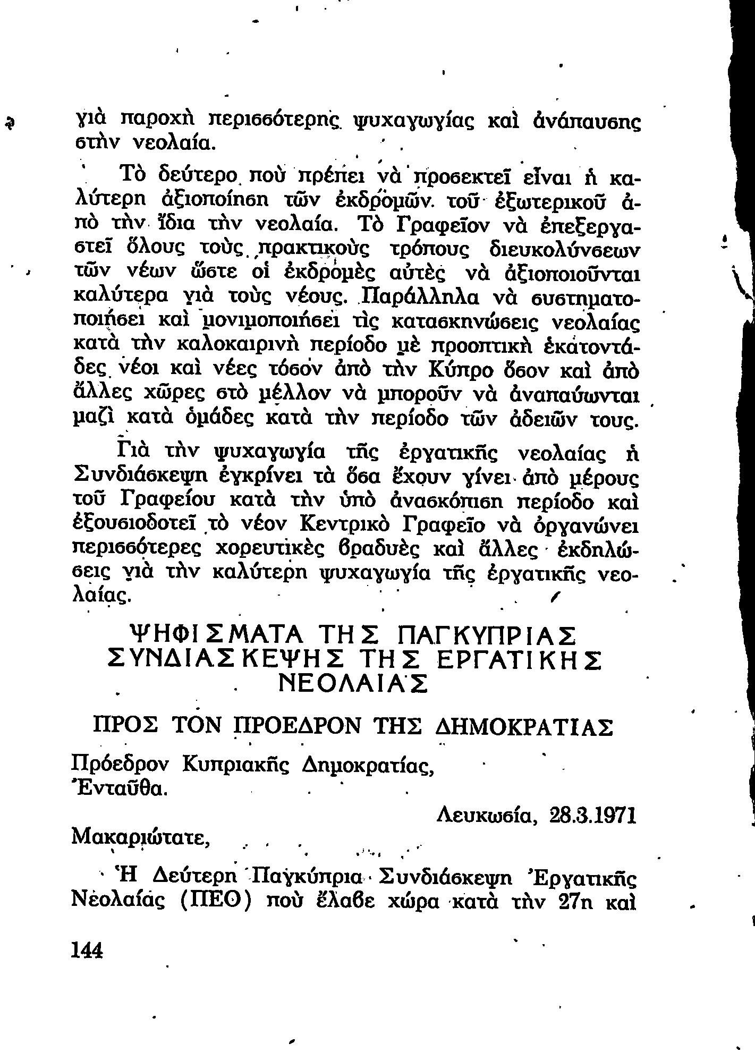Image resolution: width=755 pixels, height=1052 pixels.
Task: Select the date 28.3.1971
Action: (593, 816)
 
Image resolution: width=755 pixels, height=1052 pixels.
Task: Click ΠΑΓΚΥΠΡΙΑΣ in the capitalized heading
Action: (487, 636)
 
